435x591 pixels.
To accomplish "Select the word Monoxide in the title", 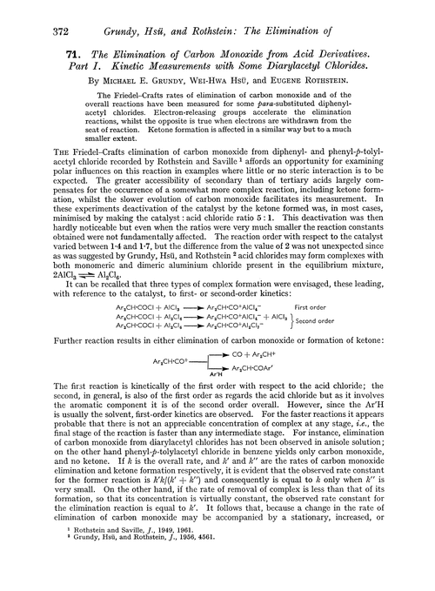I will [x=224, y=54].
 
